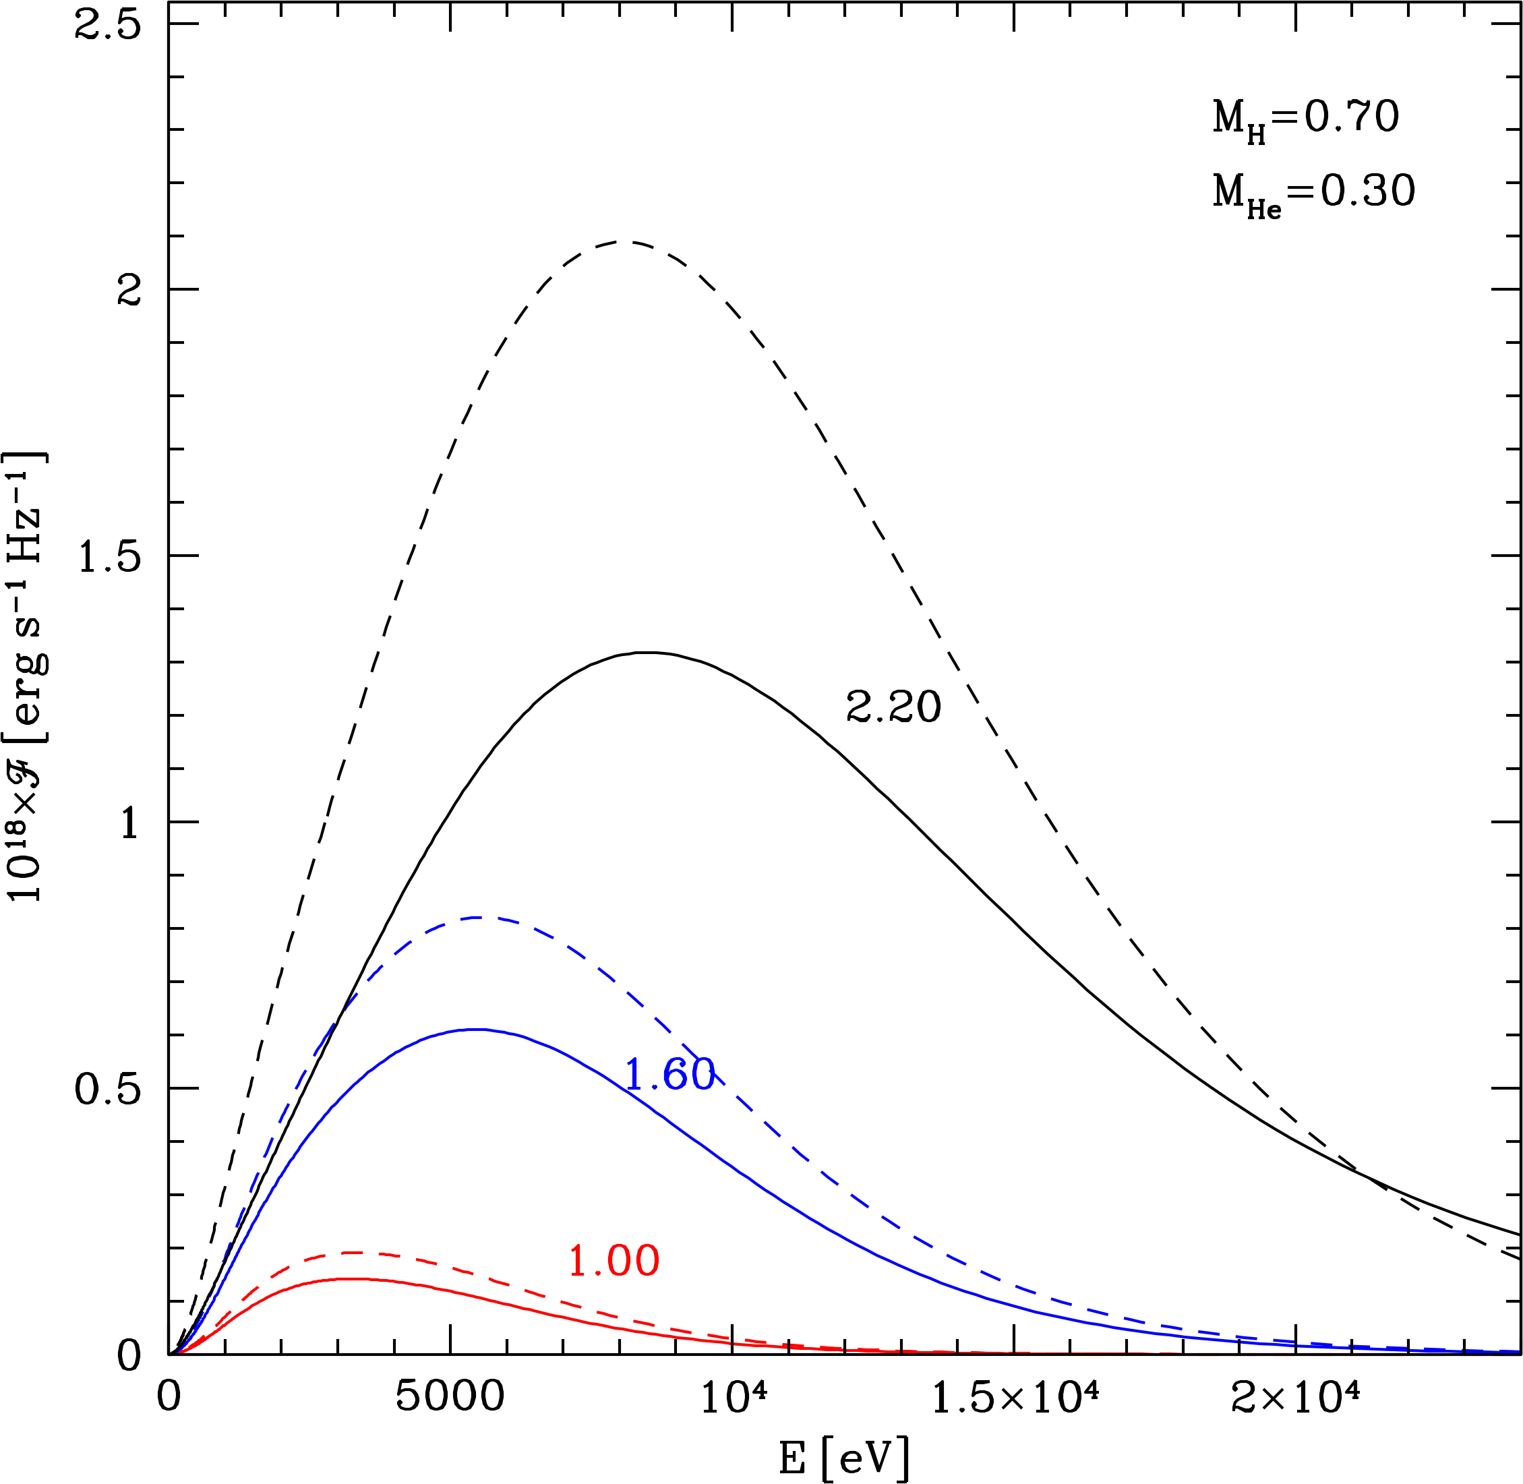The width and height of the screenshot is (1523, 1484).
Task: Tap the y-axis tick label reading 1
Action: (129, 823)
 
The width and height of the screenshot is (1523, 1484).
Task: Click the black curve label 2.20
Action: (893, 708)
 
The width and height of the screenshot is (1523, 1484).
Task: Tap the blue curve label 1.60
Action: (669, 1075)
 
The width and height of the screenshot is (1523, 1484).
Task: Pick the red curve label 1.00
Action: (614, 1261)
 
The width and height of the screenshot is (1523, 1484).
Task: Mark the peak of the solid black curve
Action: (649, 653)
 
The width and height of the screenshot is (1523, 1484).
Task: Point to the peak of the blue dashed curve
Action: (477, 918)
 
